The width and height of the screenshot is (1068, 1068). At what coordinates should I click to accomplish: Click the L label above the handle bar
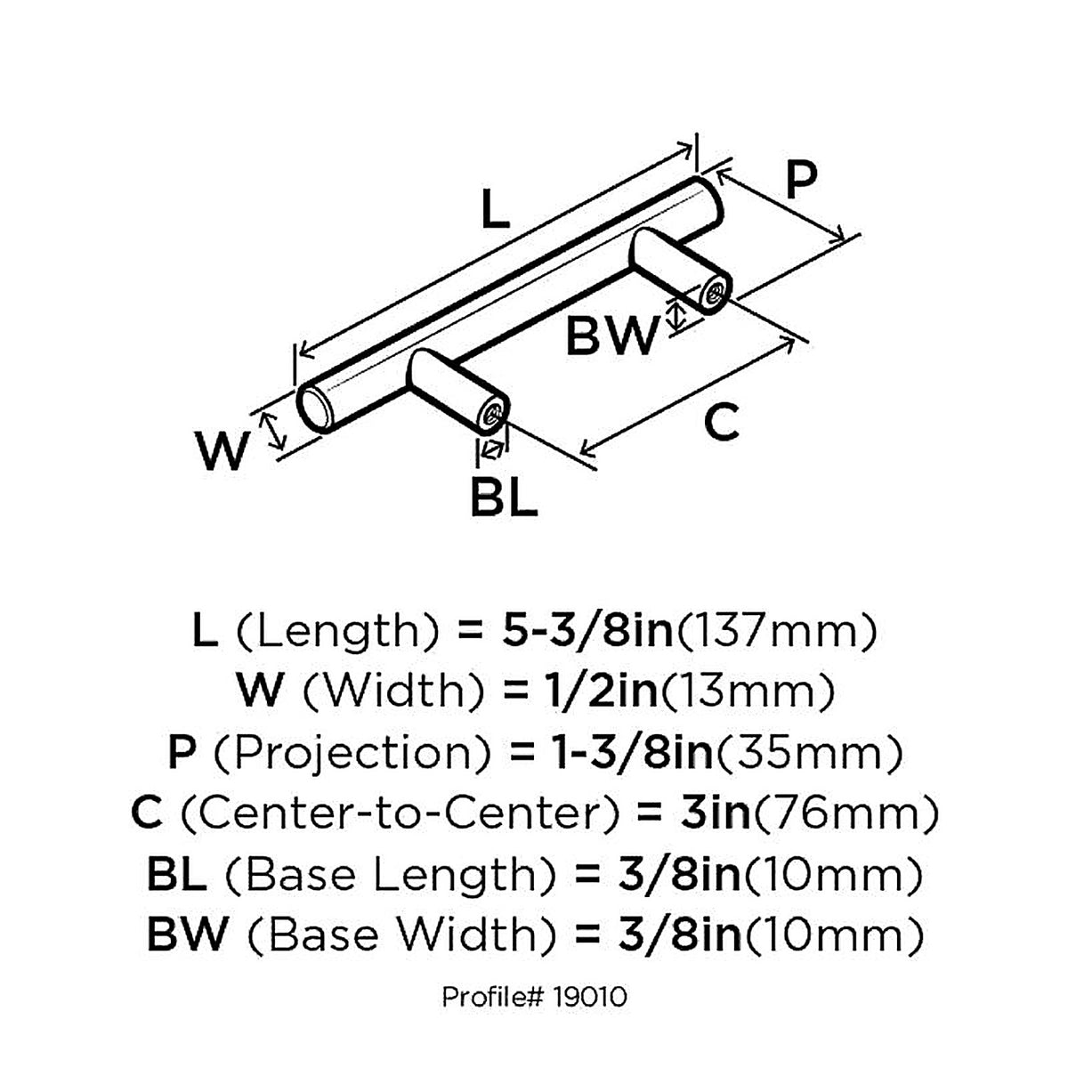[x=495, y=208]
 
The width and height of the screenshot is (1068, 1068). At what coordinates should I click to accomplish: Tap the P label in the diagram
[x=801, y=179]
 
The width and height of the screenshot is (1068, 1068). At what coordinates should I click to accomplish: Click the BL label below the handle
[x=504, y=497]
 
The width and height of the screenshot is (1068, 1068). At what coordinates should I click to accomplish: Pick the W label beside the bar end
[x=221, y=451]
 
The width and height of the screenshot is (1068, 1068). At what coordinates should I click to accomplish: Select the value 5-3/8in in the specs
[x=587, y=631]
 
